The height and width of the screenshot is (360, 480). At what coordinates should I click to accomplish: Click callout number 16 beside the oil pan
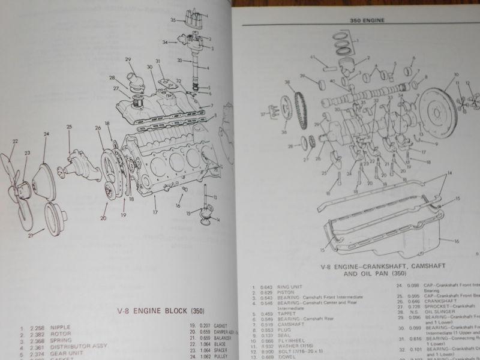pyautogui.click(x=457, y=241)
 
